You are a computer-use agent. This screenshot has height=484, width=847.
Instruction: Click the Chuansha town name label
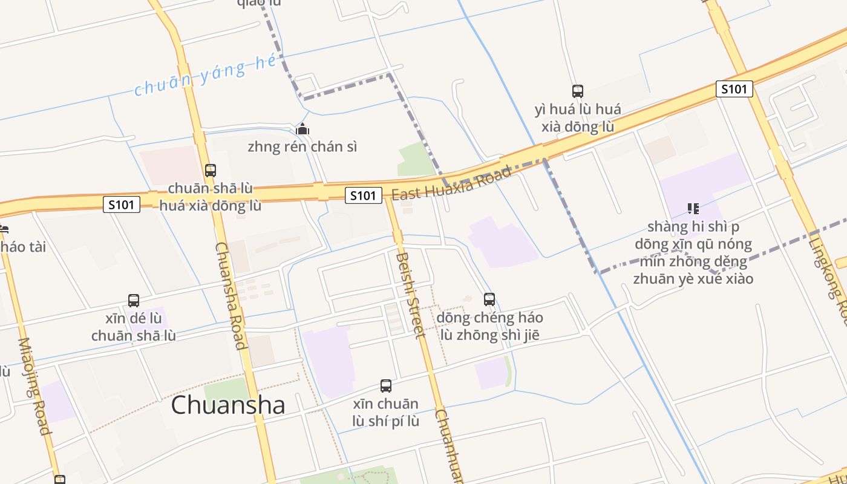click(x=227, y=405)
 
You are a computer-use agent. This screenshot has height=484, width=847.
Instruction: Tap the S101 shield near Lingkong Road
click(x=734, y=89)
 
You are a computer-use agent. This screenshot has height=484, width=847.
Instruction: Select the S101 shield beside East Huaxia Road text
click(x=364, y=195)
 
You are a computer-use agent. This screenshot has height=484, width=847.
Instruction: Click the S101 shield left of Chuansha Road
click(x=122, y=204)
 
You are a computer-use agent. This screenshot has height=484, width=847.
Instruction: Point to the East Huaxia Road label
click(x=451, y=183)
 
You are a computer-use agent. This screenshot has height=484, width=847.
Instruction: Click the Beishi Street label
click(x=407, y=295)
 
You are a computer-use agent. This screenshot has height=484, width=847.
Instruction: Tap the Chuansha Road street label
click(x=231, y=296)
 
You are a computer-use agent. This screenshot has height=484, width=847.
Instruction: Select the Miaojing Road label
click(x=34, y=385)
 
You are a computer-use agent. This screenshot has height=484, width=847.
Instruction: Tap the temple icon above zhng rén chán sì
click(x=302, y=129)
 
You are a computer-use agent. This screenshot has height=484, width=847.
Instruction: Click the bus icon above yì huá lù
click(x=578, y=91)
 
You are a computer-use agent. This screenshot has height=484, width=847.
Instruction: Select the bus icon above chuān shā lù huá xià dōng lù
click(x=210, y=171)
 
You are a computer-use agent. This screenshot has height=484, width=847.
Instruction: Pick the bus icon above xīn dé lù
click(x=134, y=300)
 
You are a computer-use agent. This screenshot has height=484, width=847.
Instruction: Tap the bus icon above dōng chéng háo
click(x=489, y=299)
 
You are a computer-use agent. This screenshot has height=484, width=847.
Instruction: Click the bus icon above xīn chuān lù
click(x=385, y=385)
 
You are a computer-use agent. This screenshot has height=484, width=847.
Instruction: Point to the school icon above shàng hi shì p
click(x=693, y=209)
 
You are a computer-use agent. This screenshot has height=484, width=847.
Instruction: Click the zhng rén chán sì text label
click(x=302, y=146)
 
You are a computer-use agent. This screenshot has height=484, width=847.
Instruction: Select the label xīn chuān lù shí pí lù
click(x=385, y=412)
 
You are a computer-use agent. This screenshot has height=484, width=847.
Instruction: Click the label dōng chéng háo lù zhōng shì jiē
click(x=489, y=326)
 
